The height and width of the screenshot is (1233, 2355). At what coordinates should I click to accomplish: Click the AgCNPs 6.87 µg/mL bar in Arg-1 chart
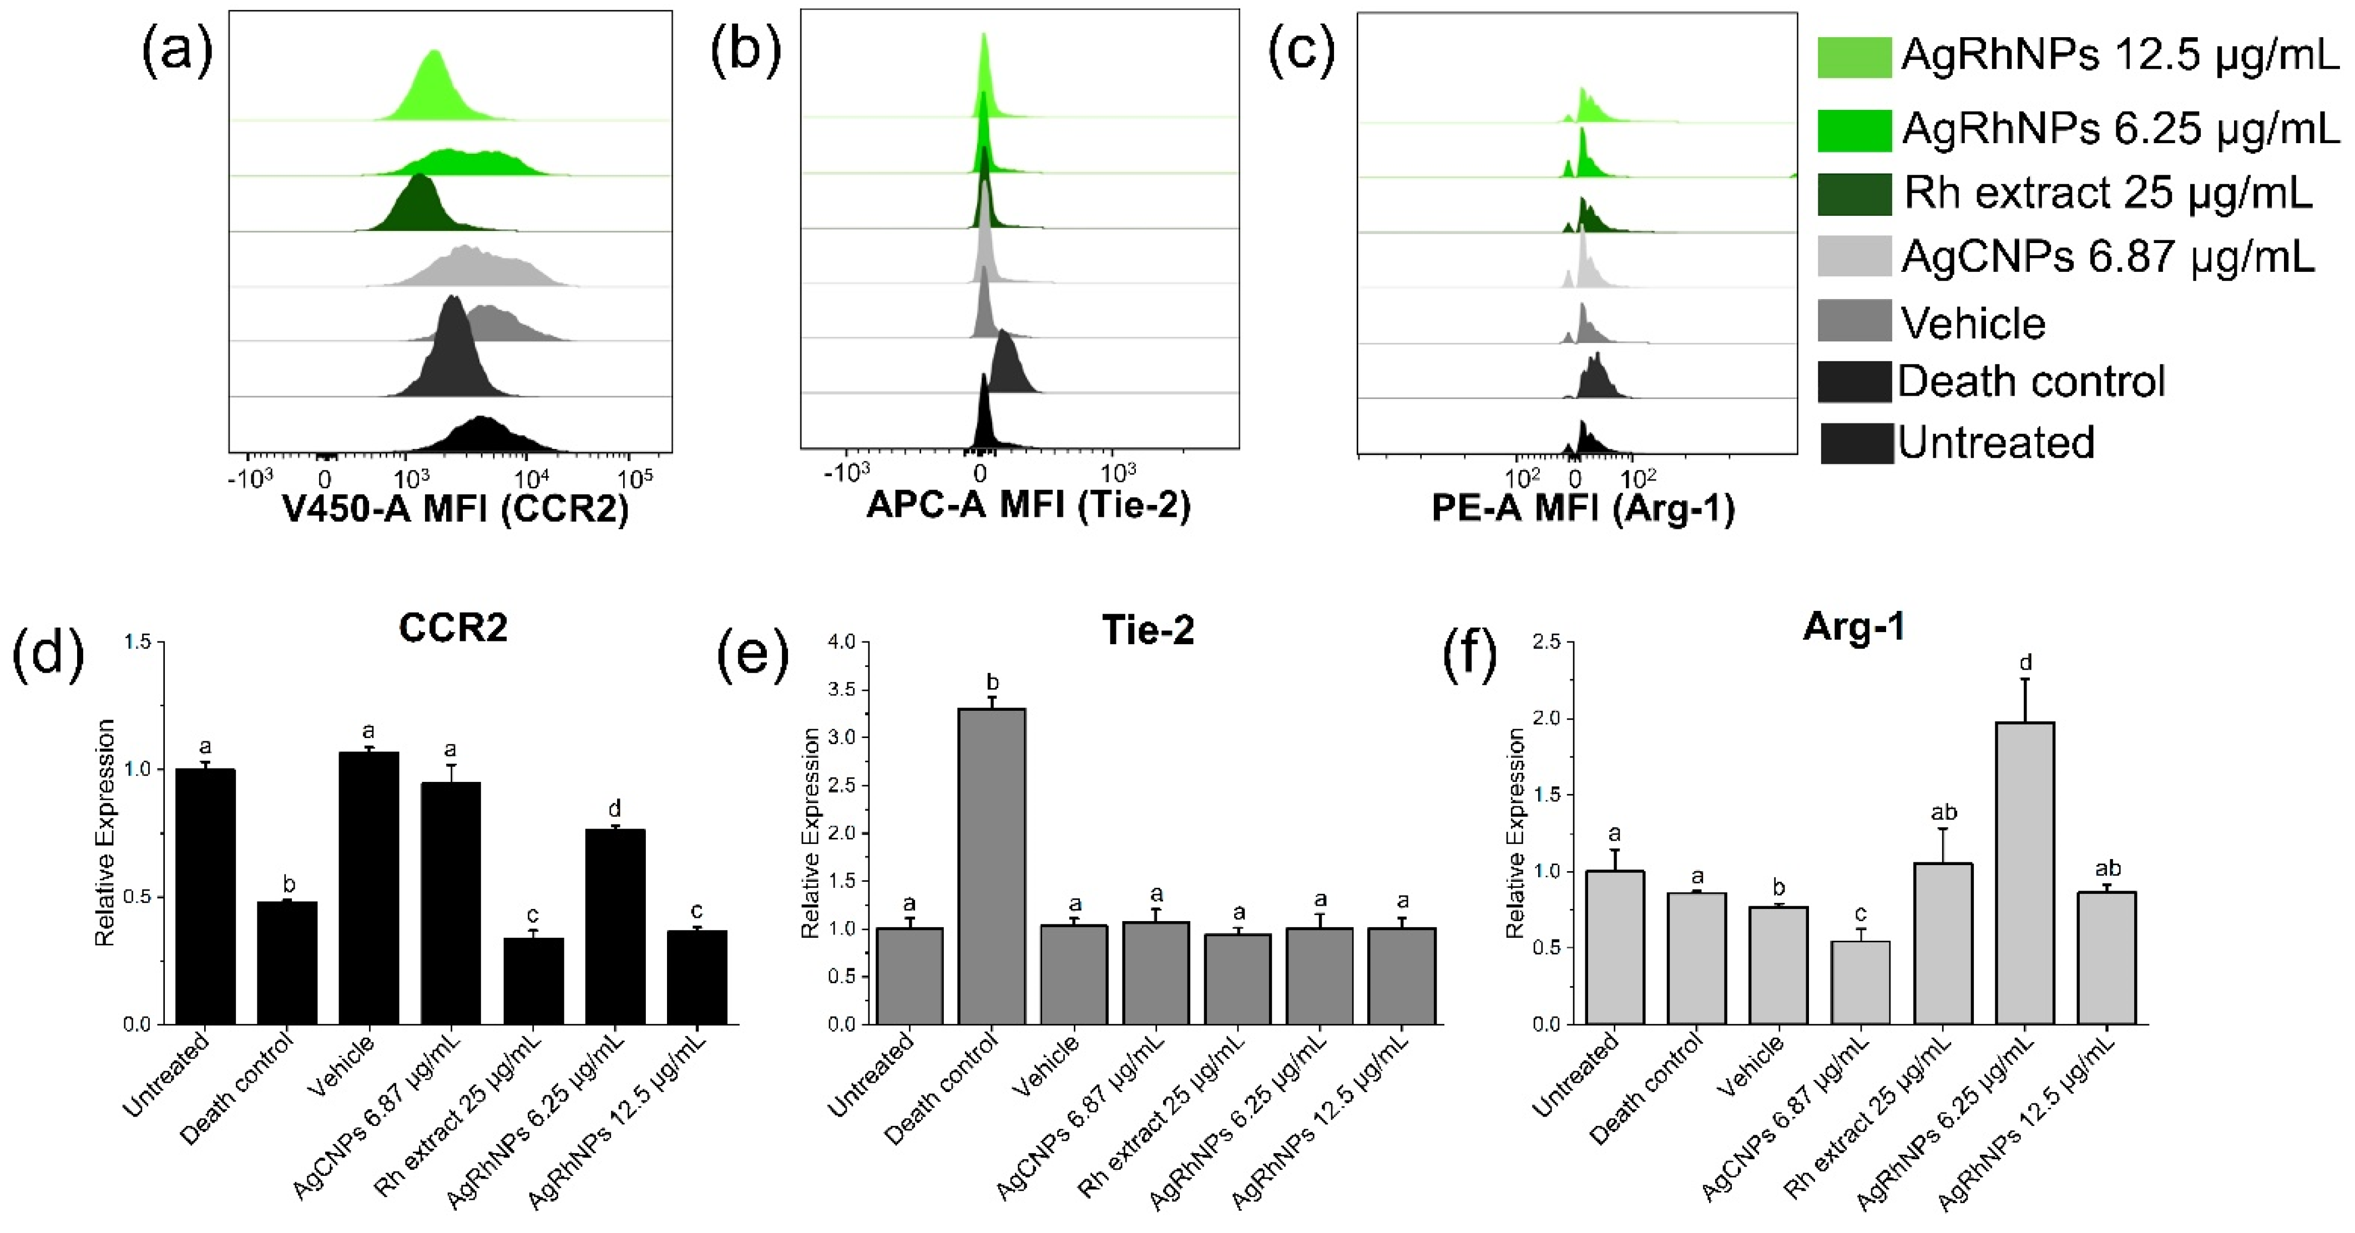pos(1861,983)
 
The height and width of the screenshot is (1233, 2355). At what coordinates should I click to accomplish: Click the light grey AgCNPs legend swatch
pos(1853,256)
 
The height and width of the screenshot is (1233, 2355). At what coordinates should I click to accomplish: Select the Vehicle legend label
pos(1973,322)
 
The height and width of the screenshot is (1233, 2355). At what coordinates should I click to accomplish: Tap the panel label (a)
pos(176,50)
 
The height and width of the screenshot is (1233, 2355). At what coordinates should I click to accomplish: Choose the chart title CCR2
pos(453,628)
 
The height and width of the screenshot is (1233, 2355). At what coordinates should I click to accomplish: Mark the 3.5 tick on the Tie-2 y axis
pos(841,689)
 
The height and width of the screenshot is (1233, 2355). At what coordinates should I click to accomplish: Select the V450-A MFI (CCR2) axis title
pos(455,508)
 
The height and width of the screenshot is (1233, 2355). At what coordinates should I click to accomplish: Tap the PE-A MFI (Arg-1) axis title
pos(1583,508)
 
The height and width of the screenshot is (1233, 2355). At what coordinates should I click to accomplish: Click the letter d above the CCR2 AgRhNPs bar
pos(614,808)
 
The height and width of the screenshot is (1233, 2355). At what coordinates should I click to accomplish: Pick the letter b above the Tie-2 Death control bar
pos(992,682)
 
